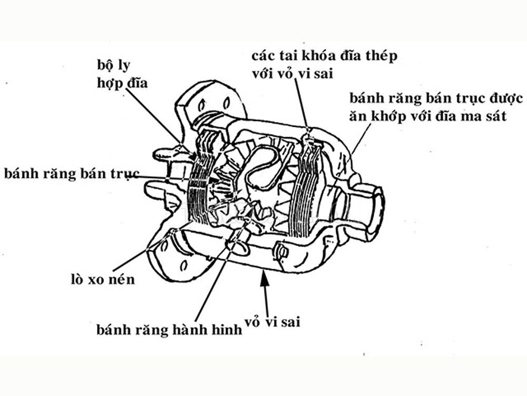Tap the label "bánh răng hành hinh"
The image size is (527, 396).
click(169, 330)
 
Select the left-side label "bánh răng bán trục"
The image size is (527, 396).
click(71, 173)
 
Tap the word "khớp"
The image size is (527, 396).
click(389, 117)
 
